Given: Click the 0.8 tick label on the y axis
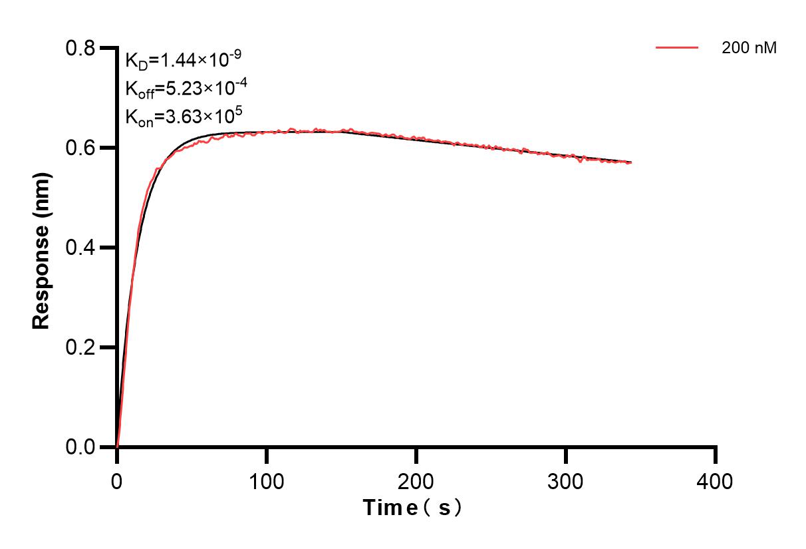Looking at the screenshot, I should click(80, 48).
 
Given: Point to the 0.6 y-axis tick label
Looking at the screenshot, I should click(80, 148).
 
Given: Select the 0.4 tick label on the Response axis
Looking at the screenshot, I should click(80, 248).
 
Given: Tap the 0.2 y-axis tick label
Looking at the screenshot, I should click(80, 347).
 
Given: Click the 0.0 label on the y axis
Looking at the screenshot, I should click(80, 447).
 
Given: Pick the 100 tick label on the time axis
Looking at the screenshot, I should click(267, 481).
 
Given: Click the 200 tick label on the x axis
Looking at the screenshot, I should click(416, 481).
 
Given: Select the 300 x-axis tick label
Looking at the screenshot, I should click(566, 481).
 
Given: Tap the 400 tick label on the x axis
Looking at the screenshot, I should click(716, 481).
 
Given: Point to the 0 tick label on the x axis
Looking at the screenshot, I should click(117, 481).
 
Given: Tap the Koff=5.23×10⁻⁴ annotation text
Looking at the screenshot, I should click(182, 89).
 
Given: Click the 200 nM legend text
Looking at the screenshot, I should click(749, 48).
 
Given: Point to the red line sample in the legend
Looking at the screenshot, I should click(678, 48).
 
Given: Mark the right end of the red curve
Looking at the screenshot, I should click(630, 162).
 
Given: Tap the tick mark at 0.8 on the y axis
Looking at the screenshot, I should click(106, 48).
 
